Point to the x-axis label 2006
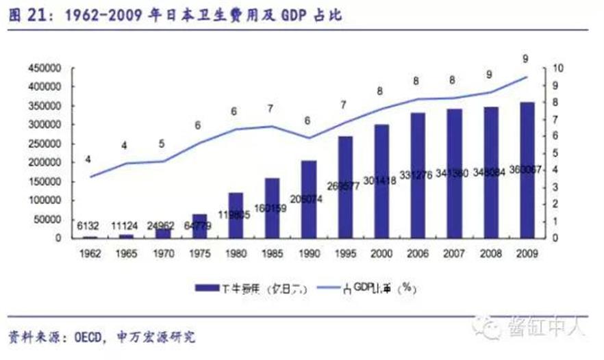click(418, 253)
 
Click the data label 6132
click(90, 224)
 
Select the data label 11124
click(127, 224)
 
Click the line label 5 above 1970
click(162, 144)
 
